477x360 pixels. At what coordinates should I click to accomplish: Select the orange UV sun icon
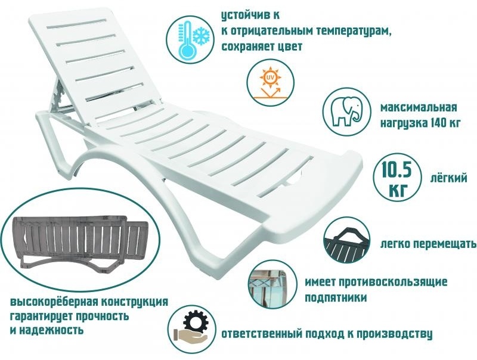(x=270, y=83)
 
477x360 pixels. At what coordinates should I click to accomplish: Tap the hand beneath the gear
(x=189, y=336)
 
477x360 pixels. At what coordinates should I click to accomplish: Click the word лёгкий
(x=448, y=178)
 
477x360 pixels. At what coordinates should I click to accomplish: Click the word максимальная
(x=419, y=107)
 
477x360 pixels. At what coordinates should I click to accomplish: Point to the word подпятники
(x=336, y=297)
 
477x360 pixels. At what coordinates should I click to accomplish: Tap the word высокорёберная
(x=54, y=302)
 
